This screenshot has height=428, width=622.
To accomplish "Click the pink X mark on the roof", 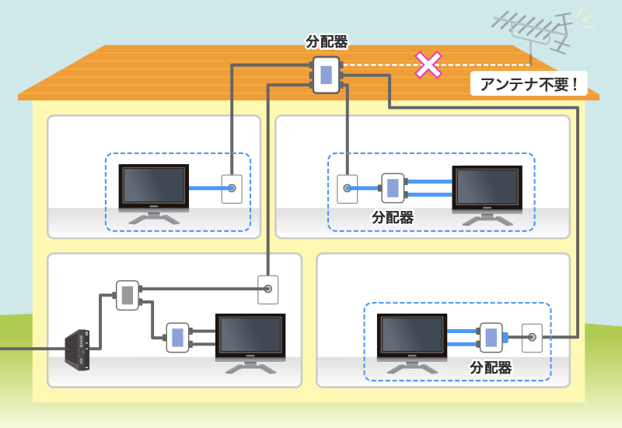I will pos(428,65).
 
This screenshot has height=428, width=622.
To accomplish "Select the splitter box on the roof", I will pos(327,75).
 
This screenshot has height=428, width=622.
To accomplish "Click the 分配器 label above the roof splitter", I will pos(327,43).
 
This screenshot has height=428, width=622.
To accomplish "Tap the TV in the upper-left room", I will pos(153,190).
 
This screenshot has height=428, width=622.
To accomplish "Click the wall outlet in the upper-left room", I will pos(232,188).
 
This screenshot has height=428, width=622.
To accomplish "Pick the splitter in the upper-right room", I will pos(393,188).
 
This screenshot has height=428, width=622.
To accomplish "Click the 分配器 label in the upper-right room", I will pos(393,218).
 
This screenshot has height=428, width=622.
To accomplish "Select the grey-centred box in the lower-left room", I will pos(128,295).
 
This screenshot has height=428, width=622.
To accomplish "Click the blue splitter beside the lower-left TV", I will pos(177,337).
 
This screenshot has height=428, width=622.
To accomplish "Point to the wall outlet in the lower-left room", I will pos(267,289).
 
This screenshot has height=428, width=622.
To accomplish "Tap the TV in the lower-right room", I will pos(411,340).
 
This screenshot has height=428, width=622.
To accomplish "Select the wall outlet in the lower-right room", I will pos(532,337).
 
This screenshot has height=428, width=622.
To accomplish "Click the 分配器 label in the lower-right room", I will pos(491,367).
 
